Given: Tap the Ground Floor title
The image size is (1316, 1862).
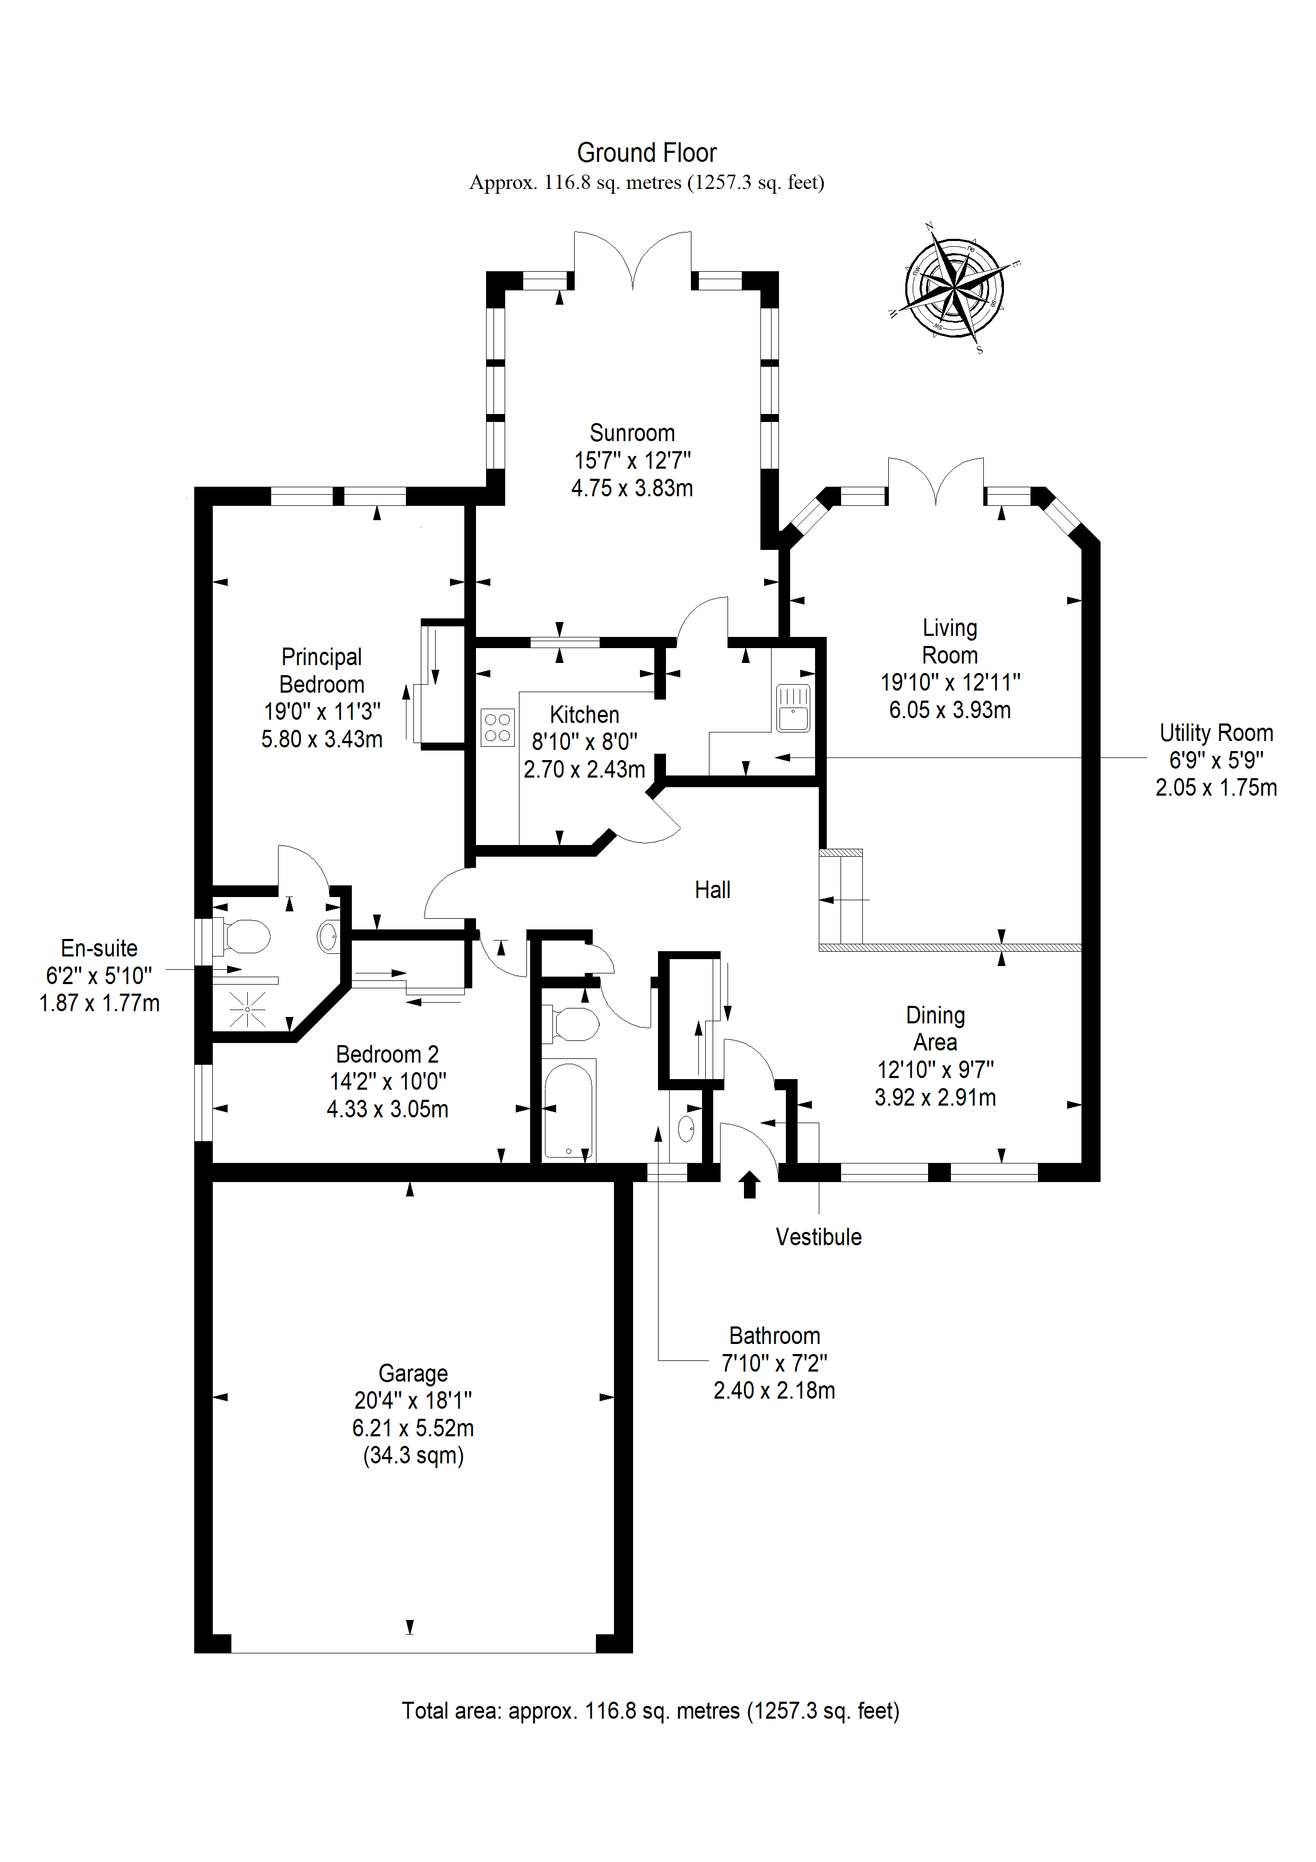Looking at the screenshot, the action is click(x=646, y=152).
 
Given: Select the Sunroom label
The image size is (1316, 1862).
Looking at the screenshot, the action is click(x=631, y=433).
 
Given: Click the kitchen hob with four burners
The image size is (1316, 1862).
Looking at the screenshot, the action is click(x=497, y=727).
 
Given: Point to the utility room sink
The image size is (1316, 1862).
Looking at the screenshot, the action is click(x=793, y=708).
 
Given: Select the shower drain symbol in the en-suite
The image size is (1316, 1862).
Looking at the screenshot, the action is click(x=247, y=1009).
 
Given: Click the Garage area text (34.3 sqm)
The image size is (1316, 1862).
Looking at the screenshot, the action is click(x=413, y=1456).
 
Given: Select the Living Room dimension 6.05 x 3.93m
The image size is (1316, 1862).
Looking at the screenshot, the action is click(x=949, y=710).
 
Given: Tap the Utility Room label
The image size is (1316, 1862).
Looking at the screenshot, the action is click(x=1216, y=733).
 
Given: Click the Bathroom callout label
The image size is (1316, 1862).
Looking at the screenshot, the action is click(x=774, y=1335).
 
